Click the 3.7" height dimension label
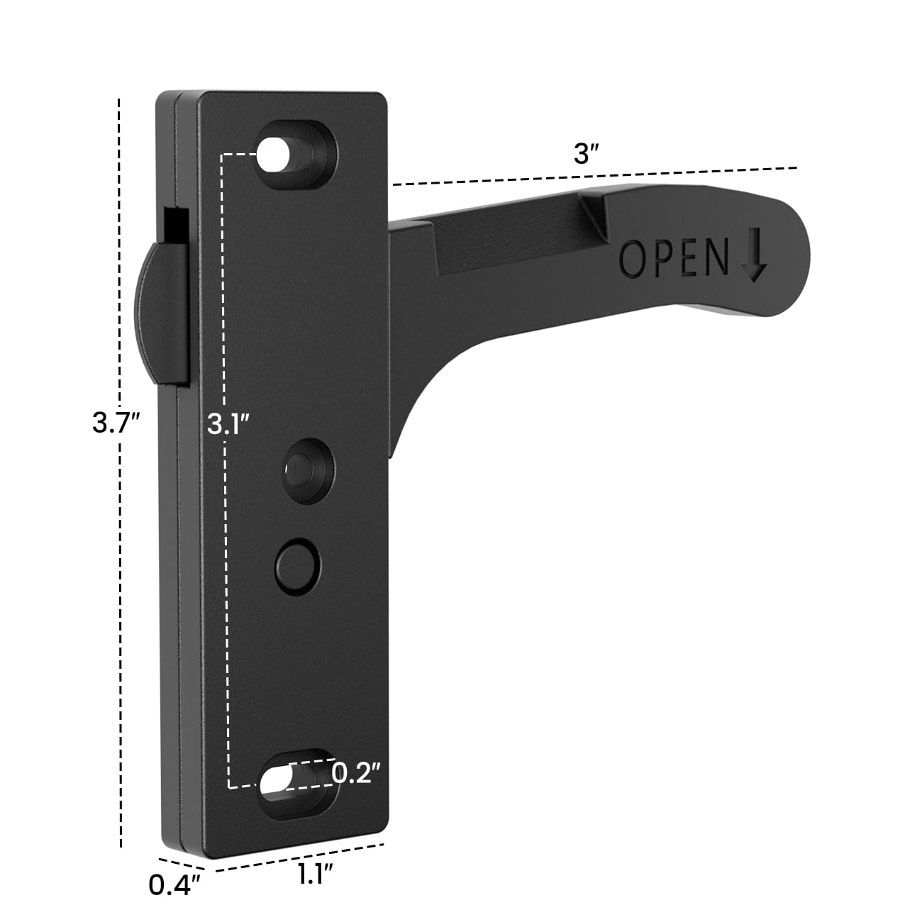pyautogui.click(x=116, y=423)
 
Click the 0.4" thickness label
pyautogui.click(x=175, y=886)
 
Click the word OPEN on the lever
pyautogui.click(x=674, y=258)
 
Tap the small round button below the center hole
pyautogui.click(x=297, y=565)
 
